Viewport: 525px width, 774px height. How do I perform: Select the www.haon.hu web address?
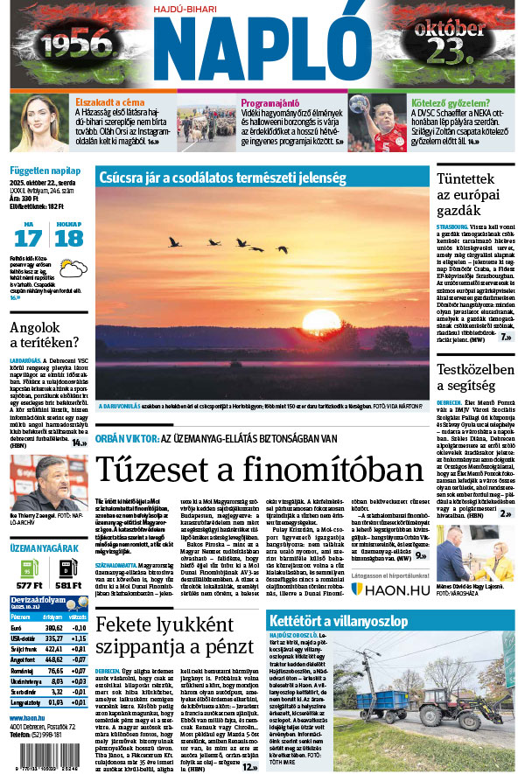click(30, 717)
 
